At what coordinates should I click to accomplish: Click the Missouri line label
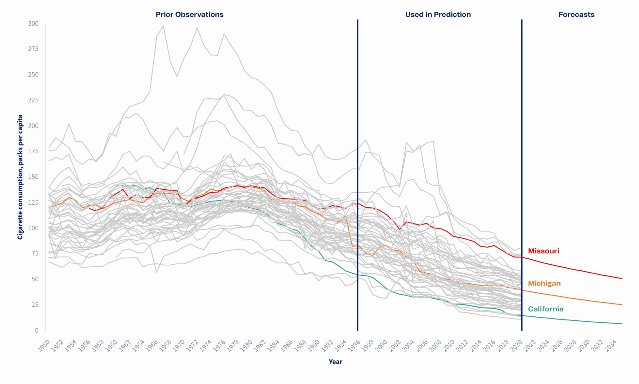click(x=543, y=251)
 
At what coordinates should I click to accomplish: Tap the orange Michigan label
click(x=544, y=283)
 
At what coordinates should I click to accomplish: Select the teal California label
click(x=545, y=309)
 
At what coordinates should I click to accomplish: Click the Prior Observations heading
click(x=189, y=14)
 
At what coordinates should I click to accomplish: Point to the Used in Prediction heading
click(x=438, y=14)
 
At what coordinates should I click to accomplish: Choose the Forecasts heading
click(x=576, y=14)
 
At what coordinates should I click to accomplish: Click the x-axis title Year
click(x=335, y=362)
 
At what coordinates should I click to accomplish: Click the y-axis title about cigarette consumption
click(x=20, y=177)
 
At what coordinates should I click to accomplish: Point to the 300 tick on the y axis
click(x=33, y=23)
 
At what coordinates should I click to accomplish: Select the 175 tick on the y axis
click(x=33, y=151)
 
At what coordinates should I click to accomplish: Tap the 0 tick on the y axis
click(x=36, y=330)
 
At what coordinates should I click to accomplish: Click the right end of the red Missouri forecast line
click(x=622, y=278)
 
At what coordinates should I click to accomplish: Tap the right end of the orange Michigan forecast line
click(x=622, y=305)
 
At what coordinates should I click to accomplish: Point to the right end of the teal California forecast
click(x=622, y=324)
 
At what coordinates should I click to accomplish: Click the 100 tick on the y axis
click(x=33, y=228)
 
